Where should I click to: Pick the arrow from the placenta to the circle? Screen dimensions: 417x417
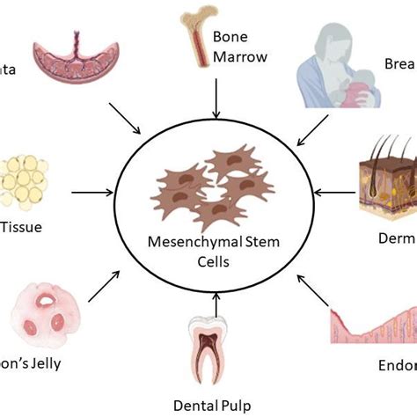coord(123,119)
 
